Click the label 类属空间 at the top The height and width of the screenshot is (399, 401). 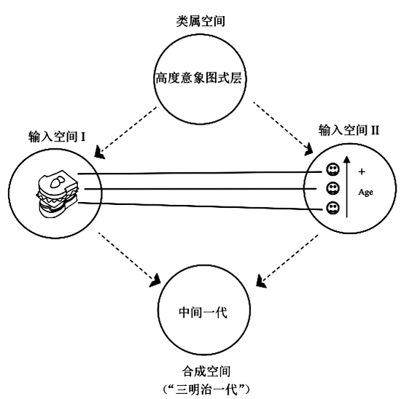point(200,20)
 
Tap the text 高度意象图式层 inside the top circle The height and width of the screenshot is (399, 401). point(199,78)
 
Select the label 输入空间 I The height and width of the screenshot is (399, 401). point(57,136)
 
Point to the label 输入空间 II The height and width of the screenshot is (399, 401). point(349,131)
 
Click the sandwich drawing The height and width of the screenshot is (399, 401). point(58,193)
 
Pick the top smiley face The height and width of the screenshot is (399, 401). point(332,169)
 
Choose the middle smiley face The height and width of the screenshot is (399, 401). point(332,189)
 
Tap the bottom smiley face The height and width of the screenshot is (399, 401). point(332,208)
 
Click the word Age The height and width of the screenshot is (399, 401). point(366,193)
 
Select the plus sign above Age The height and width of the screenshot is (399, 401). point(362,171)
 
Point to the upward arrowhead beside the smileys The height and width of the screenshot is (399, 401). point(347,159)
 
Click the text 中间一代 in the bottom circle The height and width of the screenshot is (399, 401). point(203,312)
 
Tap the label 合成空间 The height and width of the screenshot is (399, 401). point(206,371)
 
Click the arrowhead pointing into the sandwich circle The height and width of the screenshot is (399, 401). point(99,152)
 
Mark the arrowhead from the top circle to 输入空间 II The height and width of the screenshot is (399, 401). point(309,150)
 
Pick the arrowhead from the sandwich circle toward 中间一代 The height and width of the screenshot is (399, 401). point(155,281)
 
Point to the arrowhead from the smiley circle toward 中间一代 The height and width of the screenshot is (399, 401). point(261,282)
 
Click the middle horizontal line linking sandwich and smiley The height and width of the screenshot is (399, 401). point(200,189)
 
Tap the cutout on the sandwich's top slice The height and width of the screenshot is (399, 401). point(58,182)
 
